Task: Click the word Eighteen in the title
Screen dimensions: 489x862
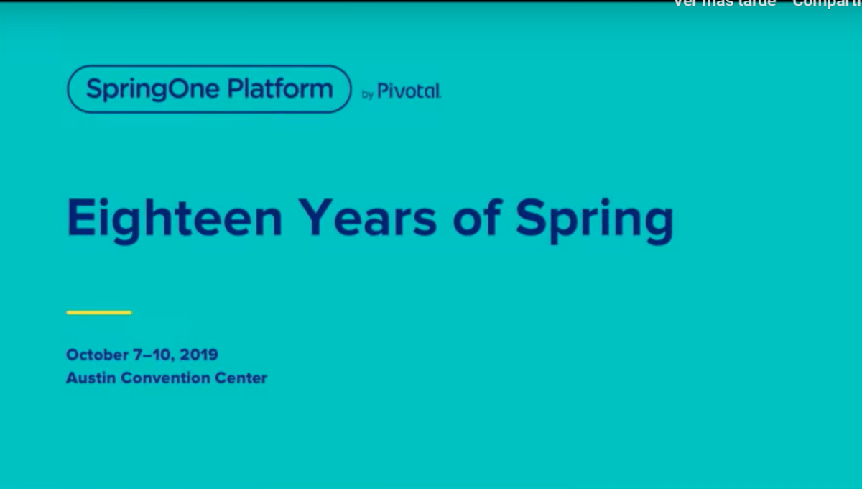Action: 175,218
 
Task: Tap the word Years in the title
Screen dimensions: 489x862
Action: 367,218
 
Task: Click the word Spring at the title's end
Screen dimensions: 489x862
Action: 595,220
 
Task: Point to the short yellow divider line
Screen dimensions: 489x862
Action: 98,313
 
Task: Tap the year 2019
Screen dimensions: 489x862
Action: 199,355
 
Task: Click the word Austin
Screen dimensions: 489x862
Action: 91,378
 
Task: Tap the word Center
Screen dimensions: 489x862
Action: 241,378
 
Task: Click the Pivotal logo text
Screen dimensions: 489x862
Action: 409,91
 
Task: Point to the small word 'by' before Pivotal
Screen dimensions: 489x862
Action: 367,94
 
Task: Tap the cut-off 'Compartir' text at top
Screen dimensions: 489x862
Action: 827,3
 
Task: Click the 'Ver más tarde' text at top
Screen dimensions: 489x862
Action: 724,3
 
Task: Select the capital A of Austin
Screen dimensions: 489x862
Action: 72,378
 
